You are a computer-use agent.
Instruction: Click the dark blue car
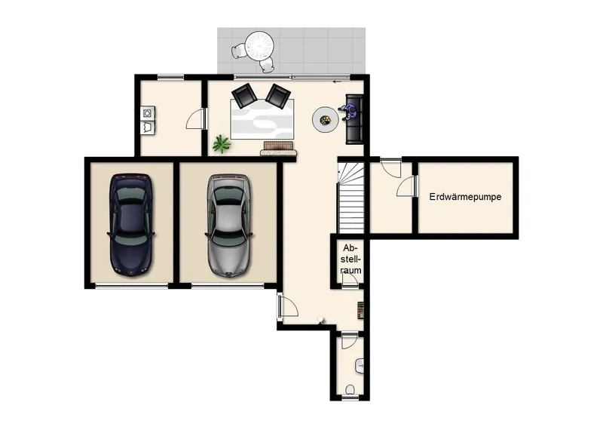click(131, 225)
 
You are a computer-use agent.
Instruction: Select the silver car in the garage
click(229, 226)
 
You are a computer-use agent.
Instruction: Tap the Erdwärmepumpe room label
click(465, 197)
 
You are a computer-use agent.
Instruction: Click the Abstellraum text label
click(351, 259)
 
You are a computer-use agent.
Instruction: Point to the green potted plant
click(222, 144)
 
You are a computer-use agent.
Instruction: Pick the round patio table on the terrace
click(259, 45)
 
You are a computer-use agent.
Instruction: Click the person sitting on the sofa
click(350, 112)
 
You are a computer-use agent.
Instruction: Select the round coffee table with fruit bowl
click(326, 120)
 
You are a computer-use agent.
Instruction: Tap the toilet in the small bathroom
click(350, 389)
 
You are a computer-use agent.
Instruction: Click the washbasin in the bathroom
click(360, 366)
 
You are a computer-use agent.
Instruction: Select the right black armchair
click(277, 95)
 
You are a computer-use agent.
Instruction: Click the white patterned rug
click(262, 119)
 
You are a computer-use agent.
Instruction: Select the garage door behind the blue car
click(131, 286)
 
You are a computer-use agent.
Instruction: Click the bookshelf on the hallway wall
click(361, 310)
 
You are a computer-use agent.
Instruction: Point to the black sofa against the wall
click(354, 120)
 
